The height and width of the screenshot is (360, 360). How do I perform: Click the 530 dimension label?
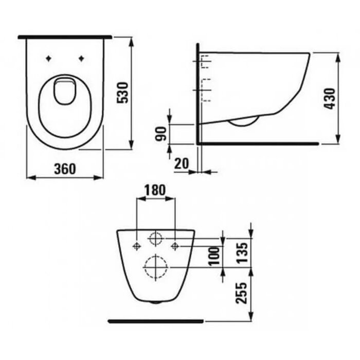coord(122,93)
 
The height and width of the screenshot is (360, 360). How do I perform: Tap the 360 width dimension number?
coord(65,169)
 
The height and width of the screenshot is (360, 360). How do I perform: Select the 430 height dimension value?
coord(330,99)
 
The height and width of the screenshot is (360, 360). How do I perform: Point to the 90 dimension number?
coord(160,134)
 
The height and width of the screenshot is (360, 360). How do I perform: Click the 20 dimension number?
coord(182,164)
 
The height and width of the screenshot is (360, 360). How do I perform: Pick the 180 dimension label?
coord(155,190)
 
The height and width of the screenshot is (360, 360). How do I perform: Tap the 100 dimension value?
coord(214,256)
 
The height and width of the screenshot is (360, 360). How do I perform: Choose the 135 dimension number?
coord(242,253)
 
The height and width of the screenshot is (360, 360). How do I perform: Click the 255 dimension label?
coord(242,293)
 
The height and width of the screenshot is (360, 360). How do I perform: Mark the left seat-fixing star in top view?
coord(48,58)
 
